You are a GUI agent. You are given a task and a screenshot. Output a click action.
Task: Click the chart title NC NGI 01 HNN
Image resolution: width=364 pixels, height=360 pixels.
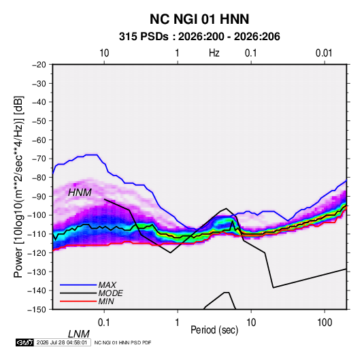click(x=199, y=19)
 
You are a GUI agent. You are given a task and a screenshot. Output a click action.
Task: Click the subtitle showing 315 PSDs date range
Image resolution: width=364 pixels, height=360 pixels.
click(x=199, y=37)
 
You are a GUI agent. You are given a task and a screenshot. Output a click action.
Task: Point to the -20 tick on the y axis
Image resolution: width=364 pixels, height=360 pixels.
click(x=39, y=65)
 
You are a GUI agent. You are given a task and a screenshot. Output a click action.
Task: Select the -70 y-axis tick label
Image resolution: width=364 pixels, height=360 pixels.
click(x=39, y=159)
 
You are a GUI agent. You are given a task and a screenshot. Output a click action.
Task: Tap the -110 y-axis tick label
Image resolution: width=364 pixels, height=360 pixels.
click(x=37, y=234)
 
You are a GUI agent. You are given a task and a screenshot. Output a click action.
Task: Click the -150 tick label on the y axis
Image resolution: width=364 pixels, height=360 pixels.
click(x=37, y=310)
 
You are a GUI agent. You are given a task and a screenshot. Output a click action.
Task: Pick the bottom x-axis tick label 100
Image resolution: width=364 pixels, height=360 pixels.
click(x=325, y=322)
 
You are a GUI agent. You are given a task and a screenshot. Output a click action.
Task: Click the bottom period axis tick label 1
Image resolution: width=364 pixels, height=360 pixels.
click(x=178, y=322)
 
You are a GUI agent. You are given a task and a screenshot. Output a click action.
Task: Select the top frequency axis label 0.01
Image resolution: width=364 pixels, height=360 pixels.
click(x=324, y=53)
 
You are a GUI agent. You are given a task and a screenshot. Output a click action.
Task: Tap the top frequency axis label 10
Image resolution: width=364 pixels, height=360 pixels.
click(x=104, y=53)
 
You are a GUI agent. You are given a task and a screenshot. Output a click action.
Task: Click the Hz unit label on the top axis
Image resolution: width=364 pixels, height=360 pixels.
click(x=214, y=53)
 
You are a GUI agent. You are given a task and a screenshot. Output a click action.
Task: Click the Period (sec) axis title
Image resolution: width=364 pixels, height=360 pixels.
click(x=214, y=330)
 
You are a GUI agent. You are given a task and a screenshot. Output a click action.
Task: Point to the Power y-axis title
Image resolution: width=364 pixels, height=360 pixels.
click(x=18, y=186)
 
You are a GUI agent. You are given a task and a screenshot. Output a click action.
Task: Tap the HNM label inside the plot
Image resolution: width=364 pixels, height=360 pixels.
click(x=80, y=193)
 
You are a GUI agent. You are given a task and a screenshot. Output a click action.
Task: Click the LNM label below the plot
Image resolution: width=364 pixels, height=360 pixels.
click(x=78, y=334)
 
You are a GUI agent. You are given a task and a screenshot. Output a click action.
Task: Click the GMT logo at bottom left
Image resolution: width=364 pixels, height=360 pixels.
click(x=24, y=342)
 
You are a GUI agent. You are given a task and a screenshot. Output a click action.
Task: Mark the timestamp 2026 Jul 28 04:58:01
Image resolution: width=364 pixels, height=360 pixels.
click(x=62, y=342)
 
